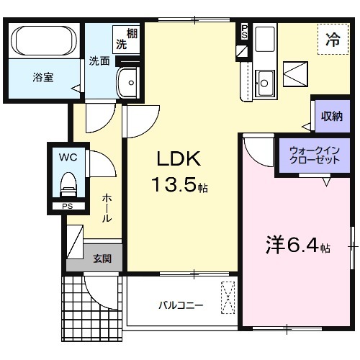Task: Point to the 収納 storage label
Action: pos(331,116)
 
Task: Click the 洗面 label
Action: pos(99,61)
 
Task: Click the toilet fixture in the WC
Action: pos(68,184)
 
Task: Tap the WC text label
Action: pos(68,156)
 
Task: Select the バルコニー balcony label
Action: pos(181,305)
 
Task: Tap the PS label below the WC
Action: pos(68,206)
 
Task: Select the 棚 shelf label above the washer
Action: pos(131,32)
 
